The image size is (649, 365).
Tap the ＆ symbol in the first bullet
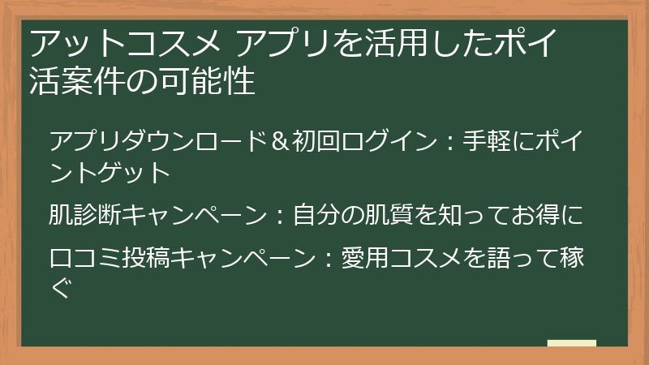pyautogui.click(x=280, y=141)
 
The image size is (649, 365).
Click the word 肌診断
pyautogui.click(x=88, y=215)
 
